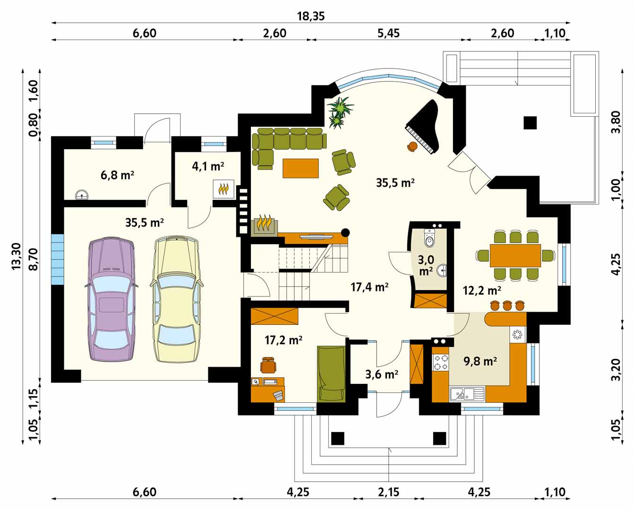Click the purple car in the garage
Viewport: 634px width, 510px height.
click(111, 300)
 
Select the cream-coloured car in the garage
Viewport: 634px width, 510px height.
click(176, 299)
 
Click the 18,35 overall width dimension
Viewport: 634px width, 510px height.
click(310, 16)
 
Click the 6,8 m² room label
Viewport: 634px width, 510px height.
click(117, 175)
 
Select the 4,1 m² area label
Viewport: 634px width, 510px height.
click(208, 166)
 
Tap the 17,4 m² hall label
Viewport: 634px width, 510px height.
click(369, 287)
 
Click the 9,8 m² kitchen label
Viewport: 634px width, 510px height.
click(480, 361)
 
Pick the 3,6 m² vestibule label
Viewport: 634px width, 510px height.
click(382, 374)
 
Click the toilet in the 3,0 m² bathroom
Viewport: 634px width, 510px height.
click(429, 238)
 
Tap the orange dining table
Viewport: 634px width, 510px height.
click(515, 255)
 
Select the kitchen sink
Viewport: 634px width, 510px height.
click(467, 394)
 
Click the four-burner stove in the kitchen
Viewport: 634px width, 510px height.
click(440, 363)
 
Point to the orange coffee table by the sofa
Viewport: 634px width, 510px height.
click(300, 168)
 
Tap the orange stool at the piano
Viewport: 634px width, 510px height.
click(412, 146)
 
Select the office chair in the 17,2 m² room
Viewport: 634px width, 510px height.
click(268, 365)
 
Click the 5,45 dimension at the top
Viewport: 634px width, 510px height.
click(388, 33)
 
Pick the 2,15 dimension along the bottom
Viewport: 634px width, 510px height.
click(388, 492)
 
